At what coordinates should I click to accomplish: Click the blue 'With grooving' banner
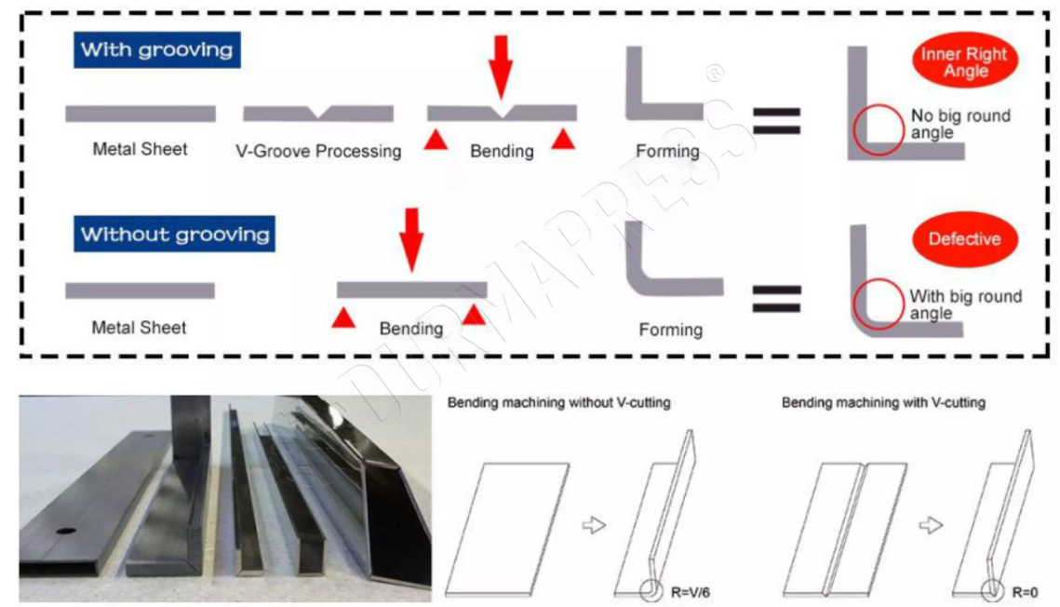tap(156, 49)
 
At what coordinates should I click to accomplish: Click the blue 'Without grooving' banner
tap(175, 234)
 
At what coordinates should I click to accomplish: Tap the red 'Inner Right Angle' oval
tap(964, 62)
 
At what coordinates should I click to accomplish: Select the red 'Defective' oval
tap(964, 239)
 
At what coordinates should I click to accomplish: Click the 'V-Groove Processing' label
tap(318, 151)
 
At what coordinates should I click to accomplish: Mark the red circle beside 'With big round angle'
tap(878, 303)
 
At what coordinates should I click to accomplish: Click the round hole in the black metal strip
tap(65, 533)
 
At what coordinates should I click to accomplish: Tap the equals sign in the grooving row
tap(776, 120)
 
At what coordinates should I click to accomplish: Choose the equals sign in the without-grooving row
tap(776, 298)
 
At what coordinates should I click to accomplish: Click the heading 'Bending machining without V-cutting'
tap(558, 403)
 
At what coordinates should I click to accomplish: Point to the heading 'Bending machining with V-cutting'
tap(883, 403)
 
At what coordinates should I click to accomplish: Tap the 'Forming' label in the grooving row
tap(667, 151)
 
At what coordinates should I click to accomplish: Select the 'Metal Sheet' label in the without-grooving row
tap(139, 328)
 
